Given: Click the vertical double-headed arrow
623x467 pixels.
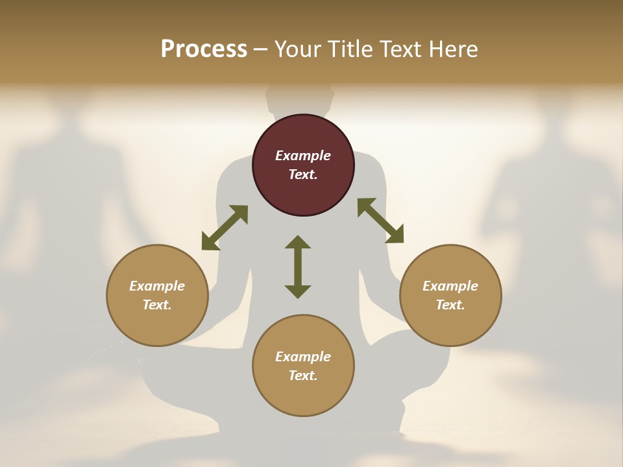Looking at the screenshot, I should [x=298, y=267].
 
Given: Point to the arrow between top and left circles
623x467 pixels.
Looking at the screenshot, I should [x=225, y=228].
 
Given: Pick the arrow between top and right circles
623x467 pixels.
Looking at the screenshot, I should [x=380, y=221].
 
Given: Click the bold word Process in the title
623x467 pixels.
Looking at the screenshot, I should [x=204, y=49].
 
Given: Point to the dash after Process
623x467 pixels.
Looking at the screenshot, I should [x=261, y=50].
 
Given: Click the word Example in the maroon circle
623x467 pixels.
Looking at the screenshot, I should [x=303, y=156].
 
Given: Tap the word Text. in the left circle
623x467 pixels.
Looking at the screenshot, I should [x=157, y=305].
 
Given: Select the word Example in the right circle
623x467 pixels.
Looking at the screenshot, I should [x=450, y=286].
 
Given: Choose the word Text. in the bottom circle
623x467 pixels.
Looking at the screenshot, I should [x=303, y=376].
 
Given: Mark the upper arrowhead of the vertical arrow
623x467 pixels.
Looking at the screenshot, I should [x=298, y=242].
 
